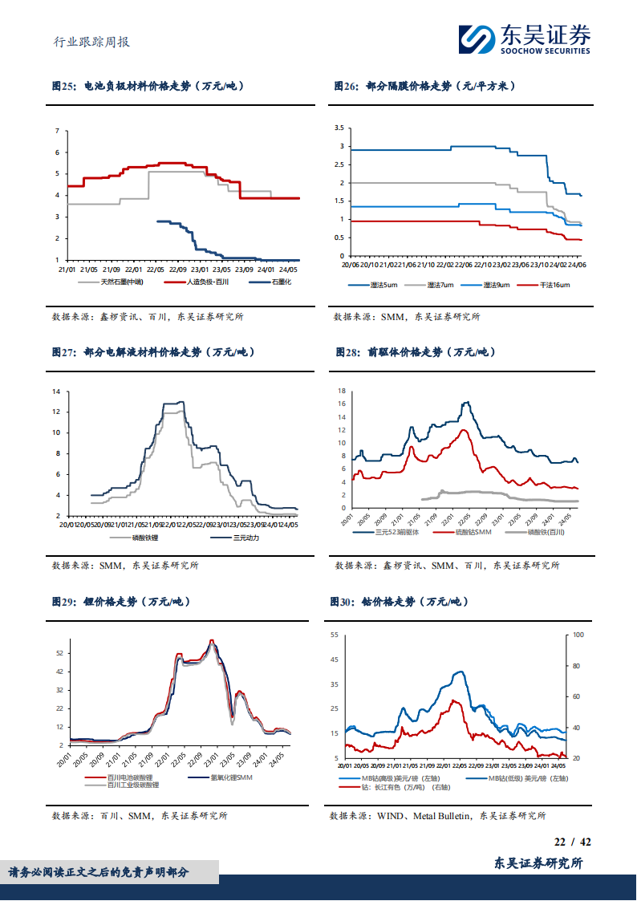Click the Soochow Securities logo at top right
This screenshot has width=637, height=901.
[523, 39]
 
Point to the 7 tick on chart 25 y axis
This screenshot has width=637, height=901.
[57, 131]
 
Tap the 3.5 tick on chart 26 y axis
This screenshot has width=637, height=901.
[339, 128]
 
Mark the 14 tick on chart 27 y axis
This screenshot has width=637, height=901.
[57, 392]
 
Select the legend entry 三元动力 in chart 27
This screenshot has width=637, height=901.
[246, 537]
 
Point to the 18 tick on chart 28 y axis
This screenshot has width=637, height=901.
[341, 392]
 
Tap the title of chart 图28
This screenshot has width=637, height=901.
[415, 352]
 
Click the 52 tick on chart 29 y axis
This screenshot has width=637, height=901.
[59, 654]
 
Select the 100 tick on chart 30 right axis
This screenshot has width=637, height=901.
[578, 635]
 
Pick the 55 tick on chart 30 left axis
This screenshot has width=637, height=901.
[335, 635]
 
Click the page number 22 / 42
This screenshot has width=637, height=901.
[573, 842]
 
